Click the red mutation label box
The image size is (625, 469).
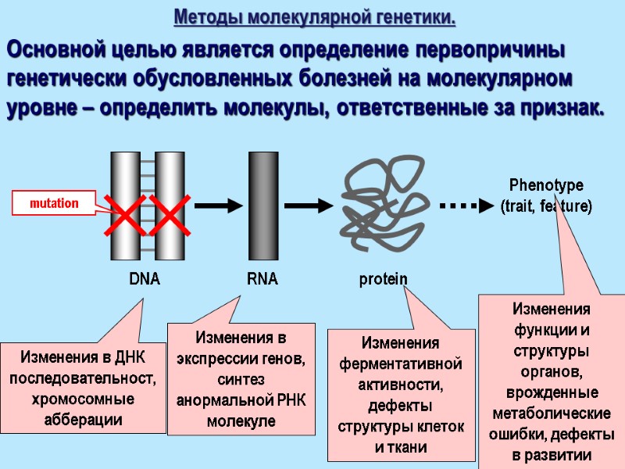(x=54, y=203)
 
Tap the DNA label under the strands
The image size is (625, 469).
(x=145, y=279)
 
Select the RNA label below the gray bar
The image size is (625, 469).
(x=262, y=279)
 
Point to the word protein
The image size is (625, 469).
(x=383, y=279)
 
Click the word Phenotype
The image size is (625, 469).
(x=546, y=185)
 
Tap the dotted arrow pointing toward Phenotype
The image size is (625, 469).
(x=465, y=206)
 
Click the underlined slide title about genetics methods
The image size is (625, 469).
(x=314, y=16)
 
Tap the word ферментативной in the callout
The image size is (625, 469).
(x=400, y=363)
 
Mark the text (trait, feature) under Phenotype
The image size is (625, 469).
(x=546, y=206)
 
